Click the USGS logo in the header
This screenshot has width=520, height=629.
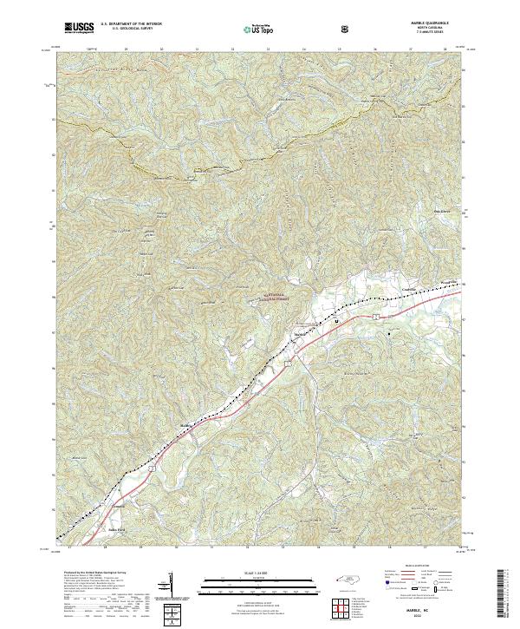point(79,28)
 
